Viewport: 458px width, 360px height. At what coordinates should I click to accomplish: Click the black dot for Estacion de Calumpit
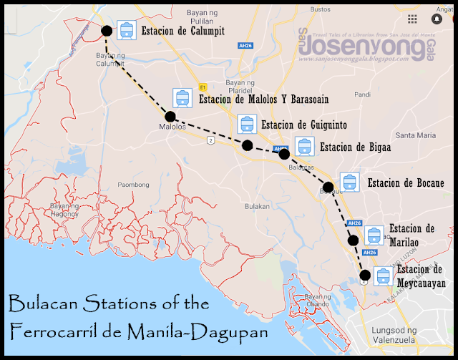tap(107, 30)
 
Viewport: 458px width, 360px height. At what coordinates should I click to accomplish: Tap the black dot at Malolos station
tap(170, 116)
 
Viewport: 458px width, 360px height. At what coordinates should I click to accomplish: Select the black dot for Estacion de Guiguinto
tap(247, 145)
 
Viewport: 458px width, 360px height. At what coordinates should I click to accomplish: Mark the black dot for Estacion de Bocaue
tap(328, 188)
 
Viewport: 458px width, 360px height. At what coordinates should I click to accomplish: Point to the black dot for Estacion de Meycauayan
tap(365, 275)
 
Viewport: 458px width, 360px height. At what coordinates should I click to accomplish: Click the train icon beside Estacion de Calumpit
tap(127, 30)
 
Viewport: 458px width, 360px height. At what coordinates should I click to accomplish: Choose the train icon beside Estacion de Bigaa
tap(304, 146)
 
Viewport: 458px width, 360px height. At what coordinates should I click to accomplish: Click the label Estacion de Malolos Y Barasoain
tap(263, 99)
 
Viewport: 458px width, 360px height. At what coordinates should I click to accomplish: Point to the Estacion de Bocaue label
tap(404, 182)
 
